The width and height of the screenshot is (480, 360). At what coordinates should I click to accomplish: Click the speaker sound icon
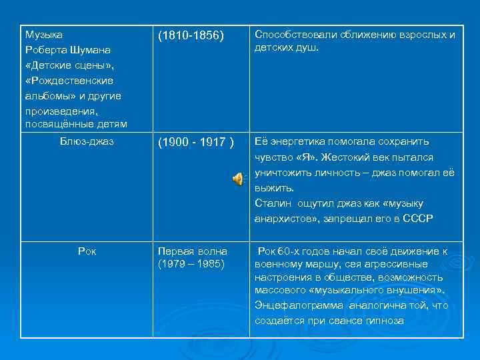point(238,178)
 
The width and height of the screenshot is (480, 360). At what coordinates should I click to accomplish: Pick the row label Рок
point(87,251)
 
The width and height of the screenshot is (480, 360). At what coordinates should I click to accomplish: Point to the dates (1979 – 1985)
point(191,263)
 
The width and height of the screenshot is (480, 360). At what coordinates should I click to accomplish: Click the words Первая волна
point(192,251)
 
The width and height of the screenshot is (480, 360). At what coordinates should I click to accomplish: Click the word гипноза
point(385,321)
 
